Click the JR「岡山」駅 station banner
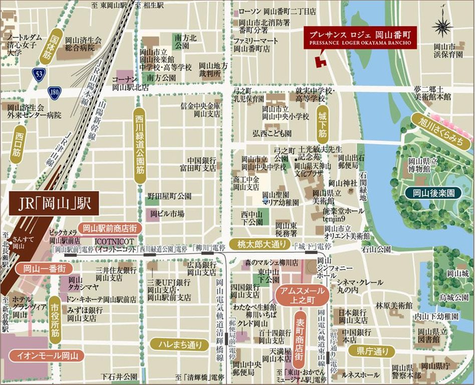(x=52, y=205)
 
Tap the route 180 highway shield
(x=55, y=92)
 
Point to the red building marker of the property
(x=319, y=61)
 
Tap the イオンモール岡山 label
(x=48, y=356)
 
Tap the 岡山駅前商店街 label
(x=110, y=228)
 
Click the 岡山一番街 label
(x=43, y=268)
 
